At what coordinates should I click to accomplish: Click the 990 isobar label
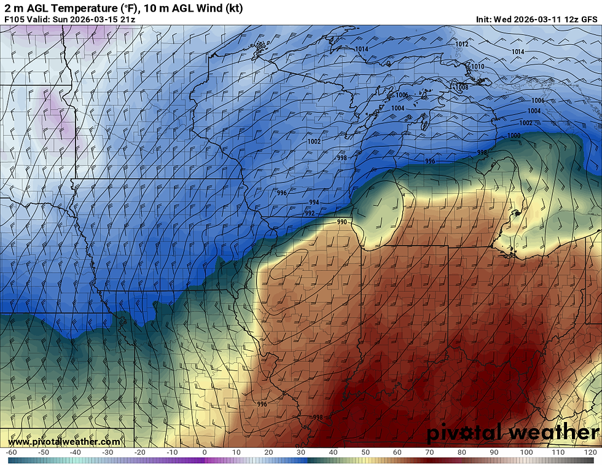(342, 222)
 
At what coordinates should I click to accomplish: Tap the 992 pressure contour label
(310, 213)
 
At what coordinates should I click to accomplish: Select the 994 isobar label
(314, 202)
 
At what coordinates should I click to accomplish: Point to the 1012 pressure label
(462, 44)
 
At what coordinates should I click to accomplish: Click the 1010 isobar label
(477, 66)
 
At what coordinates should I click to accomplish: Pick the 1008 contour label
(461, 87)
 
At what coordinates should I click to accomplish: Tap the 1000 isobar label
(514, 136)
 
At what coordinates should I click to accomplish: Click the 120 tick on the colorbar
(590, 453)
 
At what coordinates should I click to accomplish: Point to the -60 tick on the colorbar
(11, 453)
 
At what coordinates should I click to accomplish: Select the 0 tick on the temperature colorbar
(205, 453)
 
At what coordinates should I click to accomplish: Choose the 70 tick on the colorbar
(429, 453)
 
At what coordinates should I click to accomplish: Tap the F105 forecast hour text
(14, 19)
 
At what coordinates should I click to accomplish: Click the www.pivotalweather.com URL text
(64, 442)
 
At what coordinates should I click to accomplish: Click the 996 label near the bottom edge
(262, 404)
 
